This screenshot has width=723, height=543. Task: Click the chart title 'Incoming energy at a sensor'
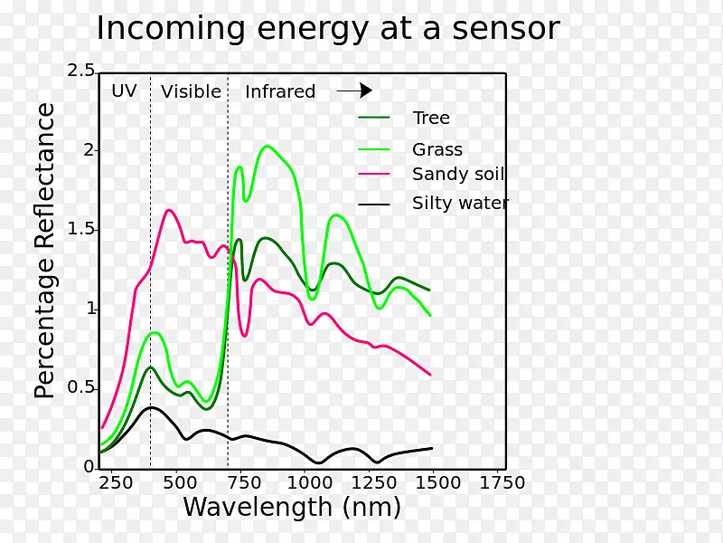[327, 29]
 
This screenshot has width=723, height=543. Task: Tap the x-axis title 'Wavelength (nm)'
[292, 507]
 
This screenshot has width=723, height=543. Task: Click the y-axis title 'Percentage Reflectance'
[45, 251]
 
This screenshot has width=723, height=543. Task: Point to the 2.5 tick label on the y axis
[80, 71]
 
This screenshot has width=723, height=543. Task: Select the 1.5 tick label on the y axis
[80, 229]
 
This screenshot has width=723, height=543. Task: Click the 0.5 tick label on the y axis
[80, 387]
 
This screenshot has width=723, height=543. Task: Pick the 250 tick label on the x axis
[115, 482]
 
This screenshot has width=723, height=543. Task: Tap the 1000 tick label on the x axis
[305, 482]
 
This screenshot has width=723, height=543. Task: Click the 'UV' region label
[124, 90]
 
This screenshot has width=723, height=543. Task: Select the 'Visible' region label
[191, 91]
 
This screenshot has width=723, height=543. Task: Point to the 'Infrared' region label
[280, 91]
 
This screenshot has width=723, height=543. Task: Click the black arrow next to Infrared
[354, 90]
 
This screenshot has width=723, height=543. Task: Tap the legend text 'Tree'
[431, 118]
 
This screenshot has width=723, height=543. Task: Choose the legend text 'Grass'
[437, 149]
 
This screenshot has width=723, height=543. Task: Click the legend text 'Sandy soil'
[458, 175]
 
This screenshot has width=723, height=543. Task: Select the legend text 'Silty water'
[460, 203]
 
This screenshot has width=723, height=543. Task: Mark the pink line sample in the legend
[374, 174]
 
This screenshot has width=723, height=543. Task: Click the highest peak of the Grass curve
[267, 146]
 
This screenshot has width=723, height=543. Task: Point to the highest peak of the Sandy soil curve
[169, 210]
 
